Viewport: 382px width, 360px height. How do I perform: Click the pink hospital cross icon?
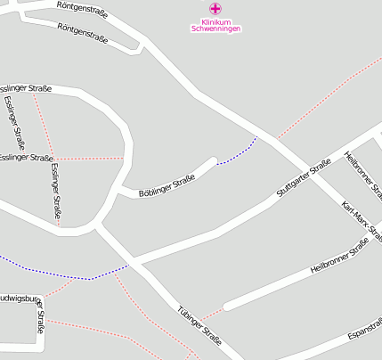[x=215, y=8]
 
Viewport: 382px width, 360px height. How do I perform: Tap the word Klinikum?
[x=215, y=21]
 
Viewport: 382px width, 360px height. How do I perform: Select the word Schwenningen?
[x=215, y=29]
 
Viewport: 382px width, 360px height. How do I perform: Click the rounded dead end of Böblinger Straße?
[x=212, y=163]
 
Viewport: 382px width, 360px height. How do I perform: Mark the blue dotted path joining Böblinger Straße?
[x=237, y=151]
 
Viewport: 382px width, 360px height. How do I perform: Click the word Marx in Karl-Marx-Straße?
[x=361, y=222]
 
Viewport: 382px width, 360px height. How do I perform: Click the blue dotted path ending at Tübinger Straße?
[x=62, y=273]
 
